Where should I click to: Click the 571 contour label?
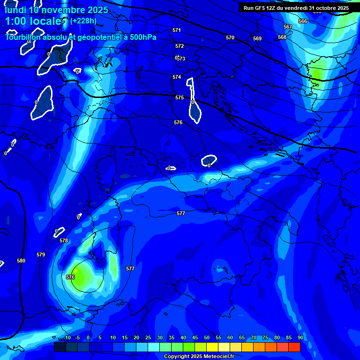[x=176, y=30]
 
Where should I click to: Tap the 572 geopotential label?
[x=180, y=46]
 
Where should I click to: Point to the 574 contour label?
[x=176, y=77]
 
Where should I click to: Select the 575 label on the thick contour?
[x=180, y=97]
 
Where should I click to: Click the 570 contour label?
[x=230, y=37]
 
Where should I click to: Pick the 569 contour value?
[x=257, y=38]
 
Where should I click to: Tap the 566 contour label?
[x=303, y=21]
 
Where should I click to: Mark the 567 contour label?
[x=288, y=27]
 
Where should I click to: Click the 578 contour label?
[x=64, y=240]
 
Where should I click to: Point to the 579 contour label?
[x=41, y=255]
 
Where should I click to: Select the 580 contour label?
[x=21, y=261]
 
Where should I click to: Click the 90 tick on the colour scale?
[x=300, y=337]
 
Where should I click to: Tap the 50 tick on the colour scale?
[x=206, y=337]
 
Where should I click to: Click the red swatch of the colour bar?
[x=294, y=347]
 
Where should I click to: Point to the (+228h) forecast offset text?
[x=83, y=21]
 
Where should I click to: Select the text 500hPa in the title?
[x=140, y=37]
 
